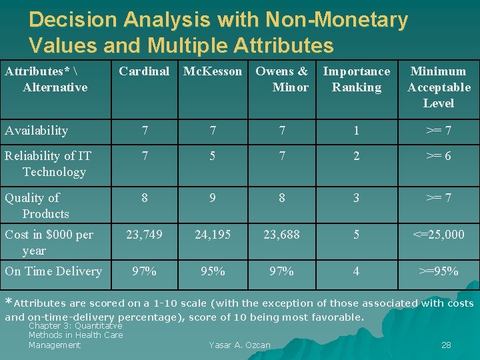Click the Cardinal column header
[144, 71]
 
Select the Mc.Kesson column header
[213, 71]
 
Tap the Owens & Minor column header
[282, 79]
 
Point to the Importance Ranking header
[356, 79]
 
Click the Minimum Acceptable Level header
[439, 87]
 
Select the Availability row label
[36, 131]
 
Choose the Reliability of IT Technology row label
[48, 164]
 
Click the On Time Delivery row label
[53, 271]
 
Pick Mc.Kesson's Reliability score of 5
[213, 156]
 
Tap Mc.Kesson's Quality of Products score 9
[213, 198]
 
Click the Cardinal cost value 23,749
[144, 235]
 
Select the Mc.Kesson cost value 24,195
[213, 235]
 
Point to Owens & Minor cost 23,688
[282, 235]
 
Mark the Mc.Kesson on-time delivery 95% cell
[213, 271]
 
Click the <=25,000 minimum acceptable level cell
[439, 235]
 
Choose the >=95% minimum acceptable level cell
[439, 271]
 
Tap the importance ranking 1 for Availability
[356, 131]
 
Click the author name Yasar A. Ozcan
[239, 345]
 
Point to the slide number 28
[446, 345]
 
